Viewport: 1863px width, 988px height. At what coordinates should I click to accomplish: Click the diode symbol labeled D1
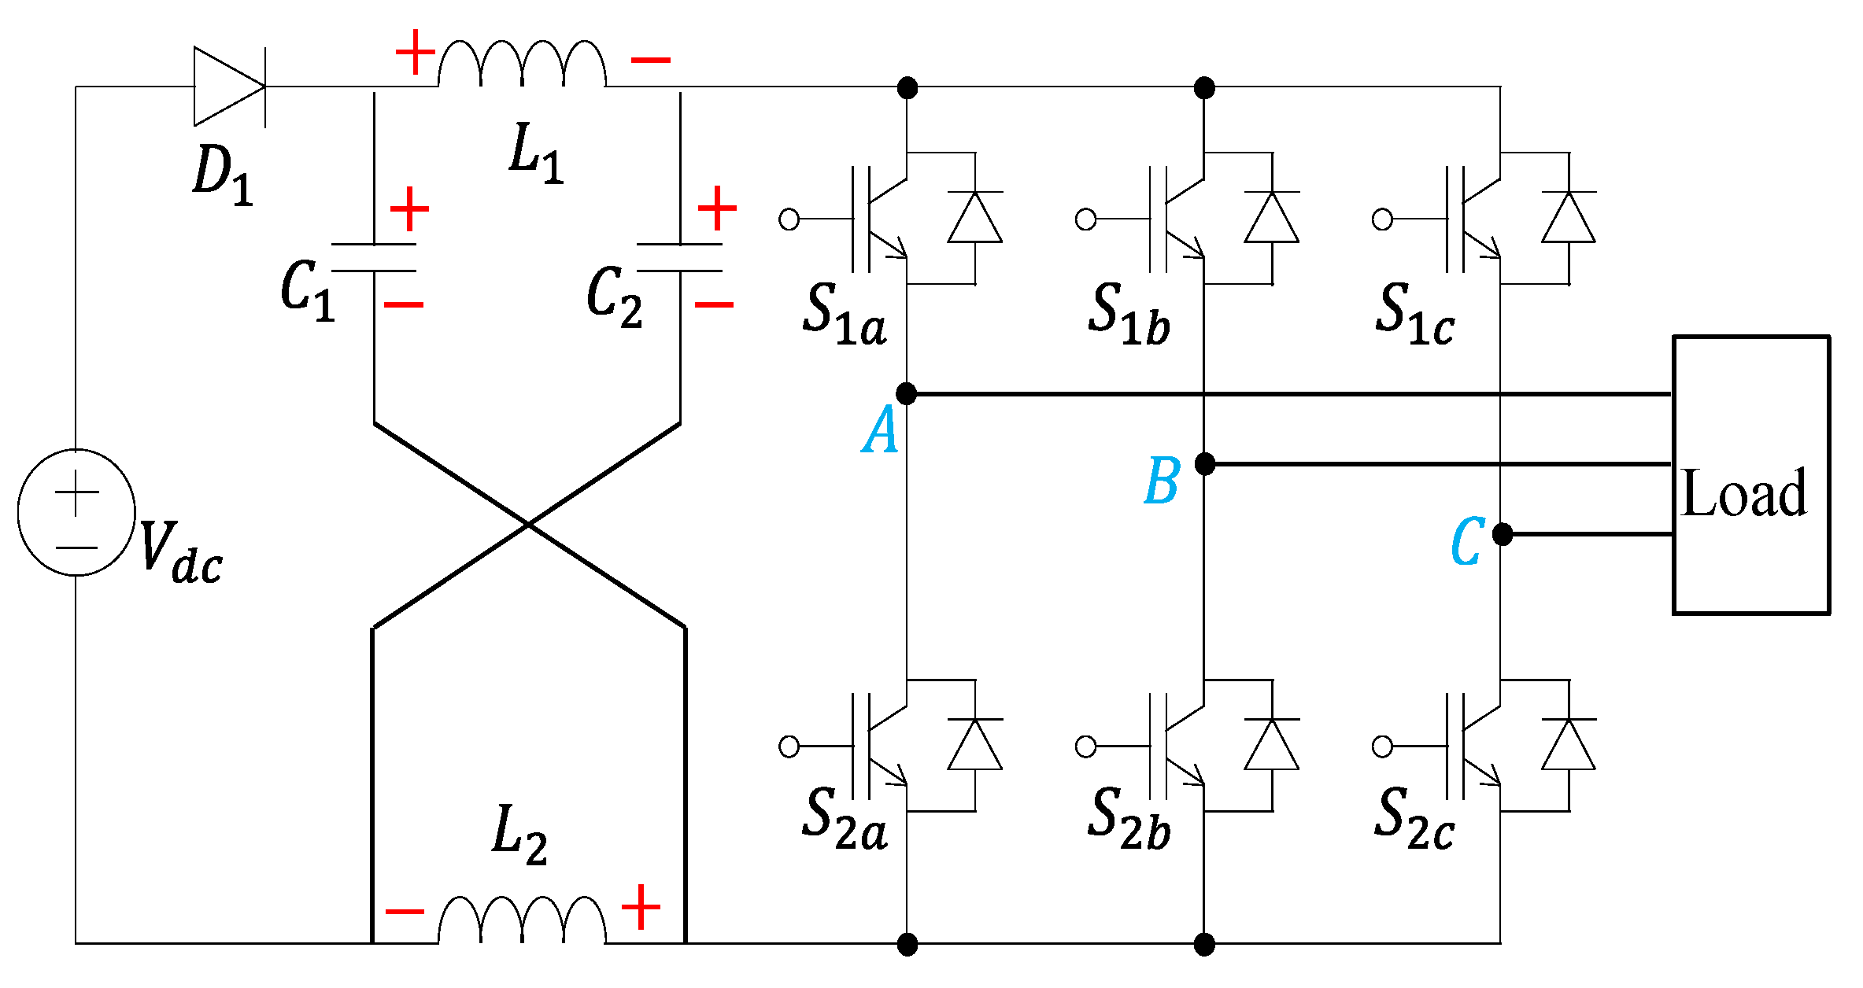pos(229,87)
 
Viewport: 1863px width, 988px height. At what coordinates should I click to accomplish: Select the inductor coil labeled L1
pos(522,65)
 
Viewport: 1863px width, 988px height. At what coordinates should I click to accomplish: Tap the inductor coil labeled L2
pos(522,920)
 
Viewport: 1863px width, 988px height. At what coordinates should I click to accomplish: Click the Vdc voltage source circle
pos(76,512)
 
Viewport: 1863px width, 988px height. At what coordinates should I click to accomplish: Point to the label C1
pos(307,291)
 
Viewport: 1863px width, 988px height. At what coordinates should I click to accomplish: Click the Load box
pos(1750,475)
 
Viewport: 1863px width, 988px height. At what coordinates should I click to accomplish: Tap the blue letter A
pos(880,430)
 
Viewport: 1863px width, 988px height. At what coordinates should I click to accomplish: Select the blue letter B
pos(1162,481)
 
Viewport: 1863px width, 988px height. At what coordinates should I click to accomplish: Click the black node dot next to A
pos(907,393)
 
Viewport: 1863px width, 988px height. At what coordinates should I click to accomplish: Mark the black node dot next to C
pos(1502,534)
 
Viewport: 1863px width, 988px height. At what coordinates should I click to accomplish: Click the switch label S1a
pos(844,315)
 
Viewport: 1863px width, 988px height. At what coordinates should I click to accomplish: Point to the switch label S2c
pos(1414,820)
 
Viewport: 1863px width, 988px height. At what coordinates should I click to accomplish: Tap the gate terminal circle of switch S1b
pos(1085,219)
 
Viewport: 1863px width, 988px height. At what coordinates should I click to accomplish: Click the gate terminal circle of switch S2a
pos(789,746)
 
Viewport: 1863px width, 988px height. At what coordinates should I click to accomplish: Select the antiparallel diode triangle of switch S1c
pos(1568,218)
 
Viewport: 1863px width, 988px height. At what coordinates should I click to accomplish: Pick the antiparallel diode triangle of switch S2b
pos(1271,744)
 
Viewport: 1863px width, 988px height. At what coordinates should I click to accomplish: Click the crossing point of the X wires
pos(527,524)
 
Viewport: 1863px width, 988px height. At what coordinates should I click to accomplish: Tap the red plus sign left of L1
pos(415,53)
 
